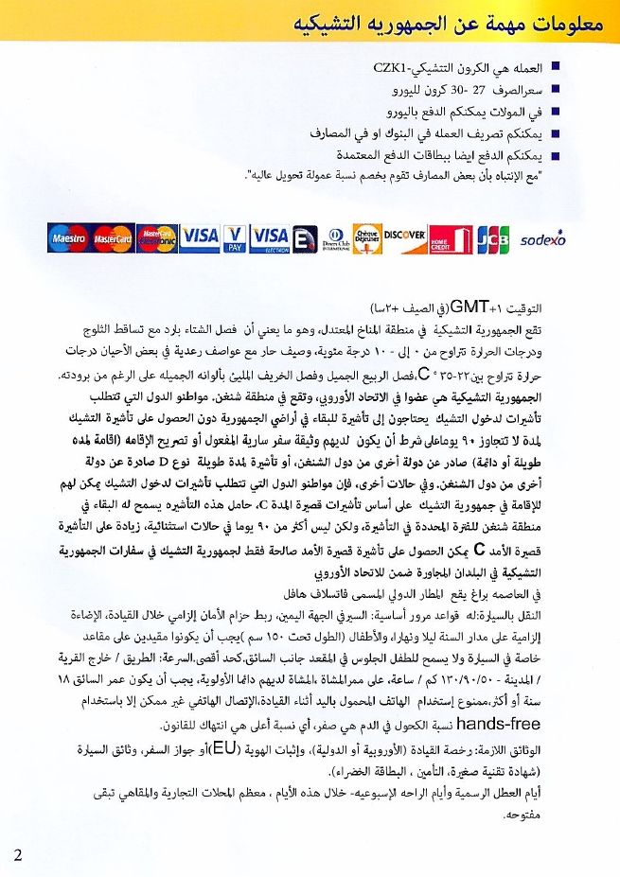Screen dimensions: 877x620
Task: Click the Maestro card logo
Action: click(x=67, y=237)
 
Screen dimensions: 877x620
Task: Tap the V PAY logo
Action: click(x=235, y=237)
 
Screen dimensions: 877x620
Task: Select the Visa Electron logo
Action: click(x=270, y=237)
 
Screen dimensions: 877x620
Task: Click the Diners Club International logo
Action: click(x=334, y=237)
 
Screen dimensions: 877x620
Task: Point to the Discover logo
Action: click(x=405, y=237)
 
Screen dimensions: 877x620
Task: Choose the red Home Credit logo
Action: click(x=451, y=238)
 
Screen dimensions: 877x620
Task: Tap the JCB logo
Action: click(x=492, y=238)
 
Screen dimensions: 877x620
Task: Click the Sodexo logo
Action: click(x=543, y=237)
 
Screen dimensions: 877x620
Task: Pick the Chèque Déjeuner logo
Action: click(x=367, y=237)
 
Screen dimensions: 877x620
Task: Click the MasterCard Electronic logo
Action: click(x=156, y=237)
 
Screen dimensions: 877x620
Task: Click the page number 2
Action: click(x=17, y=854)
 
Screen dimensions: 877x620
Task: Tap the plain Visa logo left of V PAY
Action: click(x=200, y=237)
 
